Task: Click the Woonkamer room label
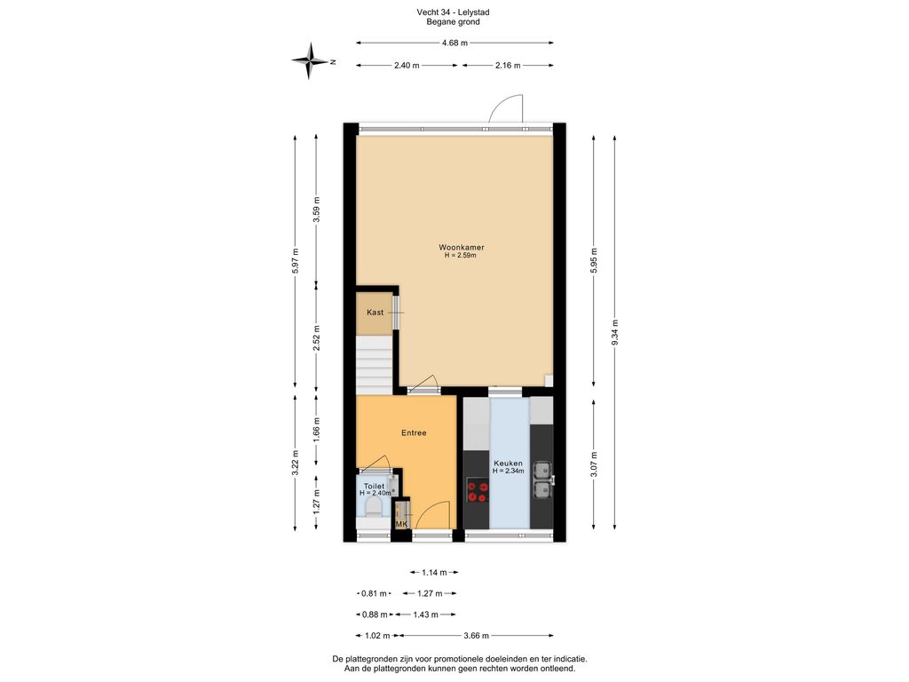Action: (x=462, y=247)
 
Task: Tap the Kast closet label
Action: (x=375, y=312)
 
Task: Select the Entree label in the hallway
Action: (x=414, y=432)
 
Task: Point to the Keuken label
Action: (x=508, y=464)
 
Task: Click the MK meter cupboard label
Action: (x=401, y=524)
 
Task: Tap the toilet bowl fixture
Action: (x=375, y=508)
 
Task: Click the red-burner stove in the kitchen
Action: (x=478, y=490)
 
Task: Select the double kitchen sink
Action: (x=542, y=480)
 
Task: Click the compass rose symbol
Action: (x=311, y=61)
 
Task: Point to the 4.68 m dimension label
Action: (x=454, y=43)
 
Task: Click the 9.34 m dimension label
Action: (x=615, y=332)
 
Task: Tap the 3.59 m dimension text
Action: (x=316, y=210)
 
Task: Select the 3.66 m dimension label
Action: (x=476, y=636)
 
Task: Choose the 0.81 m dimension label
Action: (x=374, y=593)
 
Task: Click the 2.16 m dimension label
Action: (x=508, y=66)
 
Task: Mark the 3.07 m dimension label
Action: (x=593, y=464)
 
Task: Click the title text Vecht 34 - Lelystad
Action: (x=453, y=12)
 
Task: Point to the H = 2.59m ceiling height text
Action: (x=461, y=255)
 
